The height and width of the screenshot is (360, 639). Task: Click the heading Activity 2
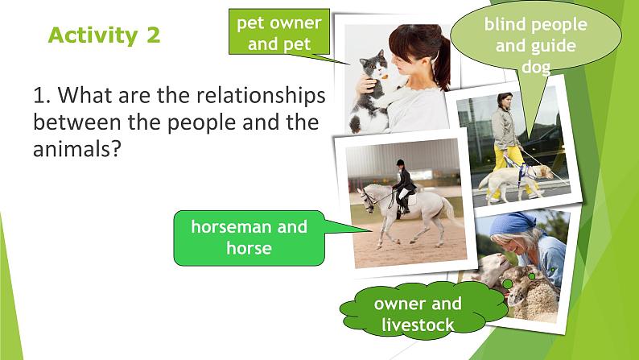(x=105, y=35)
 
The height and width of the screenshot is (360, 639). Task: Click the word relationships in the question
(x=261, y=96)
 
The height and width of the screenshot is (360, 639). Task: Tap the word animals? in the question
(x=77, y=149)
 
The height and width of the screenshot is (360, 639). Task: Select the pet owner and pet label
(x=279, y=31)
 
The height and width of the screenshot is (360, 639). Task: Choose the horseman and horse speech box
(x=249, y=238)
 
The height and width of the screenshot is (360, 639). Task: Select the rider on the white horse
(x=402, y=185)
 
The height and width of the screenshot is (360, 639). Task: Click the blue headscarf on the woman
(x=512, y=224)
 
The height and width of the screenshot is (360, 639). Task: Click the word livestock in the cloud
(x=418, y=325)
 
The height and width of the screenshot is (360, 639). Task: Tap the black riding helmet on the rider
(x=400, y=163)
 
